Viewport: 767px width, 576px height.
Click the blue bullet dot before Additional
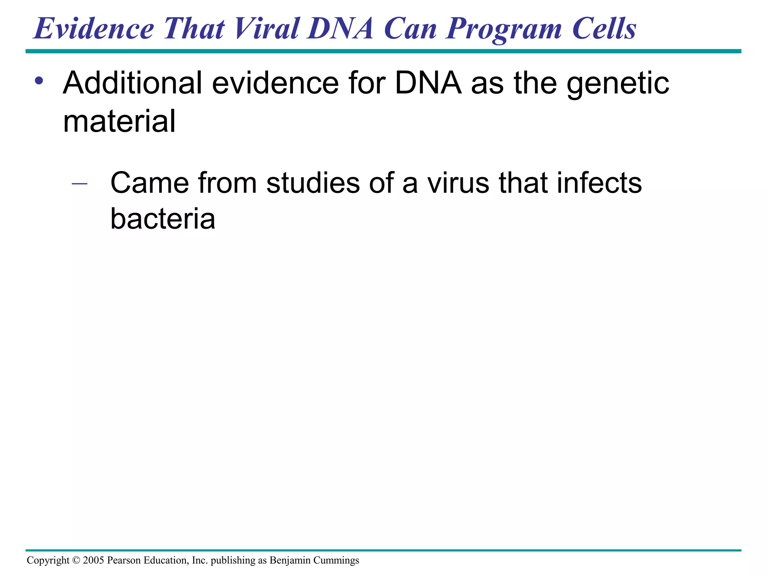(x=39, y=81)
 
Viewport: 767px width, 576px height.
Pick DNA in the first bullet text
(x=428, y=83)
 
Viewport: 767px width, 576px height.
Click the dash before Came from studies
(x=79, y=184)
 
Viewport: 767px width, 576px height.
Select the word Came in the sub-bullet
(x=149, y=183)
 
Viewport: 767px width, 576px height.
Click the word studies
(x=313, y=183)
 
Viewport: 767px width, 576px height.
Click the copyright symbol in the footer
(x=76, y=560)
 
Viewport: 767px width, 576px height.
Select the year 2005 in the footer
(x=93, y=560)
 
